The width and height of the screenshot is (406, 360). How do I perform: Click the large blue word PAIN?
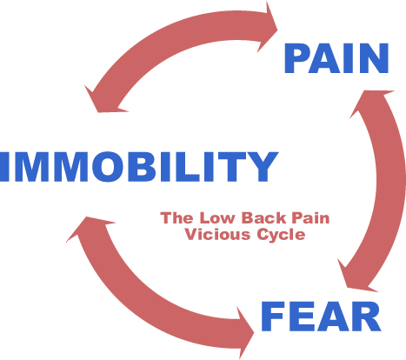coord(336,58)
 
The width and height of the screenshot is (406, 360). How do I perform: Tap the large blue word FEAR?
coord(321,317)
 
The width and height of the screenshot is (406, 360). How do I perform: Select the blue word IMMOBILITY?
coord(138,167)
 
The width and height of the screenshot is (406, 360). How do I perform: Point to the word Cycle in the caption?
coord(281,235)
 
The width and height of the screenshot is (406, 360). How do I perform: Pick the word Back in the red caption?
coord(264,218)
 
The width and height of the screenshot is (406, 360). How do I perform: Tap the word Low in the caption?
coord(216,218)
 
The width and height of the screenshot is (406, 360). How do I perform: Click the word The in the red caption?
coord(176,218)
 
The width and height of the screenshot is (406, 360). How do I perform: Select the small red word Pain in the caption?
coord(310,218)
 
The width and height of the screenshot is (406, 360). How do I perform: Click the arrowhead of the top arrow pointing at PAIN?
coord(268,28)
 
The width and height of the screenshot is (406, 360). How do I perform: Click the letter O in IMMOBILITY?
coord(107,167)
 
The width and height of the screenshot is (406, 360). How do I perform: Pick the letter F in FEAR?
coord(273,317)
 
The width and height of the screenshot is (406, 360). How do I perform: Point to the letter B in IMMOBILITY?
coord(139,167)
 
